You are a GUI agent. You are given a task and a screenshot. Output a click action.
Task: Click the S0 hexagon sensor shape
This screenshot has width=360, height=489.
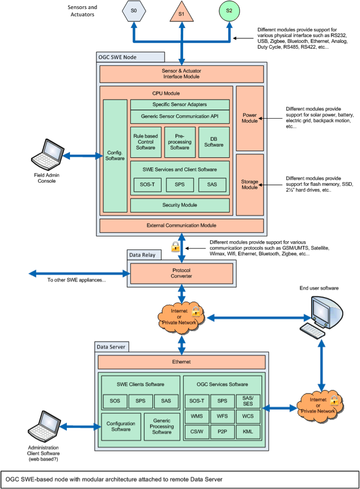click(x=134, y=11)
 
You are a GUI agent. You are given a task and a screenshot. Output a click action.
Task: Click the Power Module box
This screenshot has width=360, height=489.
click(x=250, y=118)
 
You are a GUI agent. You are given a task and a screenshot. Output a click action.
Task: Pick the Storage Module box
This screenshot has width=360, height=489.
click(x=250, y=185)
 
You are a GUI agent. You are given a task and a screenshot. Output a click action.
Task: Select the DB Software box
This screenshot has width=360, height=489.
click(x=214, y=142)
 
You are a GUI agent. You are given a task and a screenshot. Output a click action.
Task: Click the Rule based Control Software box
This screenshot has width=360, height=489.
click(x=145, y=142)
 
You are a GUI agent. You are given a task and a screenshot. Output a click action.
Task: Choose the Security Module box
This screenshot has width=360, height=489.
click(x=180, y=205)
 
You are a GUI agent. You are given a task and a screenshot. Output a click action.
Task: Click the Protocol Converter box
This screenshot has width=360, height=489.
click(x=181, y=273)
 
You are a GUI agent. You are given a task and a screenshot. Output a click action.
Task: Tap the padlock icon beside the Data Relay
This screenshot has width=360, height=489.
click(x=175, y=247)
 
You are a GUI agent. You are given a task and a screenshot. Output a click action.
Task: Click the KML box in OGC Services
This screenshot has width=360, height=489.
click(x=248, y=431)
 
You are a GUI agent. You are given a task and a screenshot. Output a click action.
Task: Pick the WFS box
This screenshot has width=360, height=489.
click(x=222, y=416)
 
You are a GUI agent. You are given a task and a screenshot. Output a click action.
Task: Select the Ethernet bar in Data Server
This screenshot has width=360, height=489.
click(x=181, y=362)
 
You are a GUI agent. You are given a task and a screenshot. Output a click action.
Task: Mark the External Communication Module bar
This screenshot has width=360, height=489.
click(x=181, y=225)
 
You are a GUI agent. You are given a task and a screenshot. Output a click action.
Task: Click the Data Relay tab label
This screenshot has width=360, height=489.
click(x=142, y=255)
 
